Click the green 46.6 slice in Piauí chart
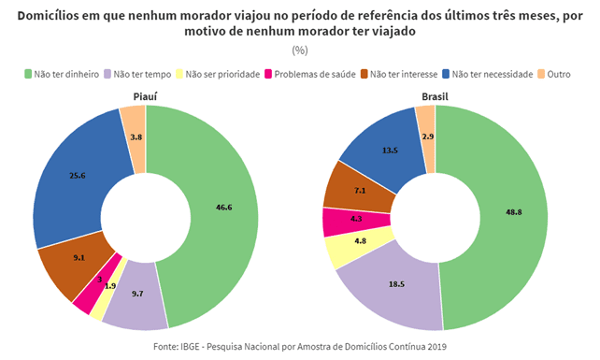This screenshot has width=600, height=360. (x=224, y=214)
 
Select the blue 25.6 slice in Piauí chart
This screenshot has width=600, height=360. (x=77, y=176)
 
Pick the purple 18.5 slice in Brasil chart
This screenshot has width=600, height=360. (x=394, y=287)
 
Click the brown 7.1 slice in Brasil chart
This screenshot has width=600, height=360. (x=358, y=190)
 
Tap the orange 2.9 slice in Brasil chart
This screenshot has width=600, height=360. (x=427, y=137)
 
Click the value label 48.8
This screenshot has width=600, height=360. (x=513, y=212)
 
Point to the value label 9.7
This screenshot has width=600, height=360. (x=137, y=294)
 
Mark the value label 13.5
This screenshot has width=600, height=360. (x=390, y=151)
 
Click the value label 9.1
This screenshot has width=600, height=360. (x=79, y=258)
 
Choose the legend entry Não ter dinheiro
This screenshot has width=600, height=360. (x=62, y=74)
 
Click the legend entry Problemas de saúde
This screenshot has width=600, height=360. (x=310, y=74)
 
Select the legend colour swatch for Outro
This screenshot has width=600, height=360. (x=541, y=74)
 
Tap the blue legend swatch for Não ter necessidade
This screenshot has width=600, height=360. (x=446, y=74)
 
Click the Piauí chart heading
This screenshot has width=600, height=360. (x=145, y=97)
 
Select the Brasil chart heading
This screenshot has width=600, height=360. (x=435, y=97)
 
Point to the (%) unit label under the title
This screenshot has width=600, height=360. (x=300, y=50)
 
